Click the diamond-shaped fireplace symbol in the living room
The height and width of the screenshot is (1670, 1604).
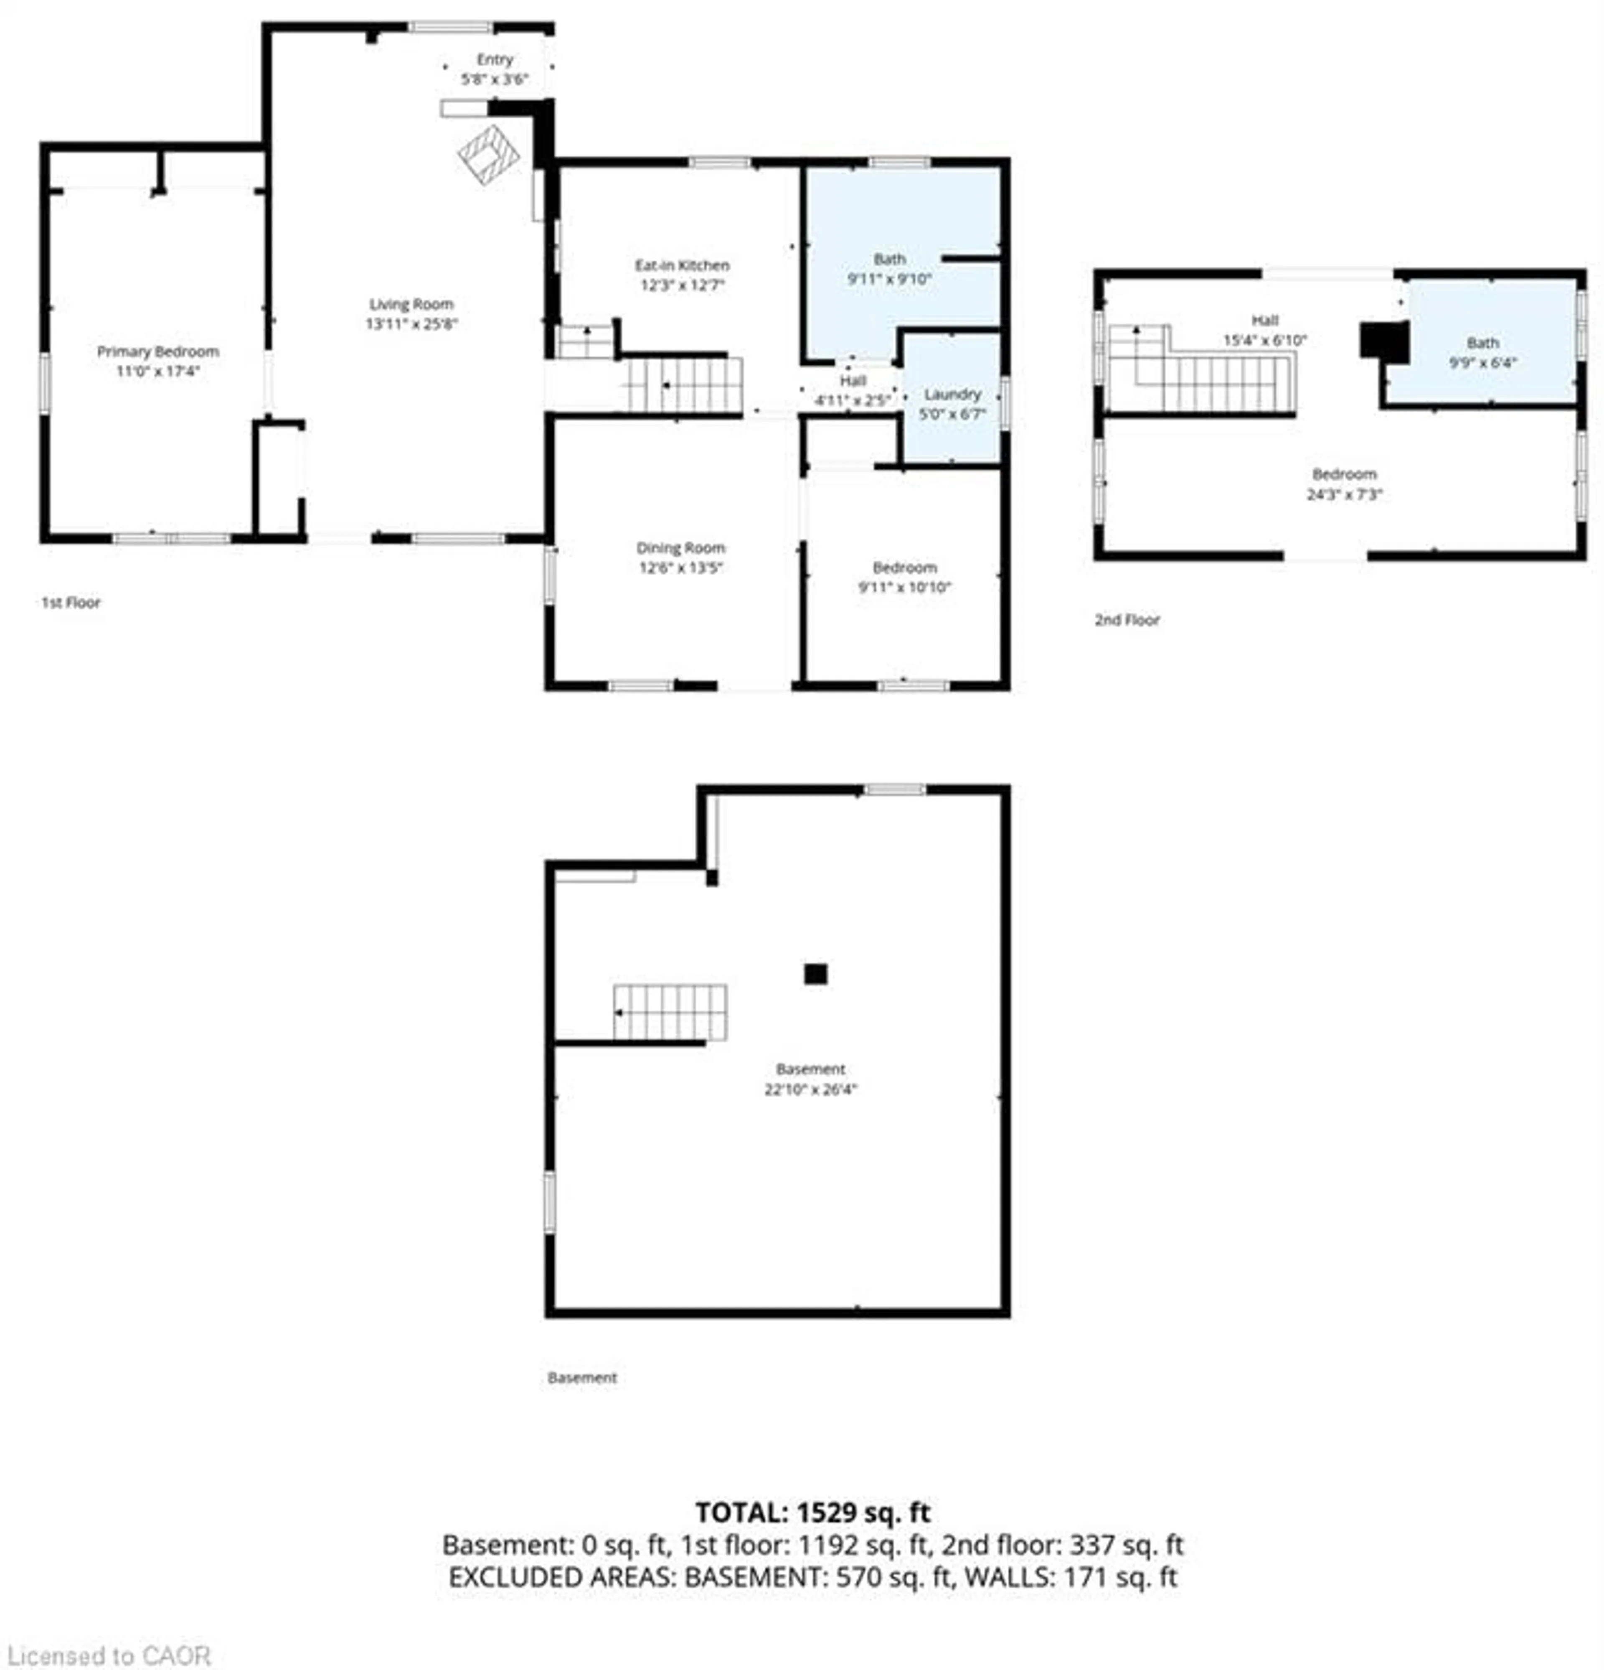[488, 155]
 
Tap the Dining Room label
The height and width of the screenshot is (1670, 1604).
[680, 548]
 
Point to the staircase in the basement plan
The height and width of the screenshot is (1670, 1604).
[670, 1012]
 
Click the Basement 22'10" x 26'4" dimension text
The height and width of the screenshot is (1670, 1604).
[810, 1089]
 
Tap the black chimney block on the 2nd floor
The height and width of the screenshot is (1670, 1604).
[1383, 341]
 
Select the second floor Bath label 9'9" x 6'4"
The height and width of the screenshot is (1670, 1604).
[1482, 352]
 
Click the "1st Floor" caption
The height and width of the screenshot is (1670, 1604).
[71, 602]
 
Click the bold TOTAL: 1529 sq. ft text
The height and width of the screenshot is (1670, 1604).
[812, 1512]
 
